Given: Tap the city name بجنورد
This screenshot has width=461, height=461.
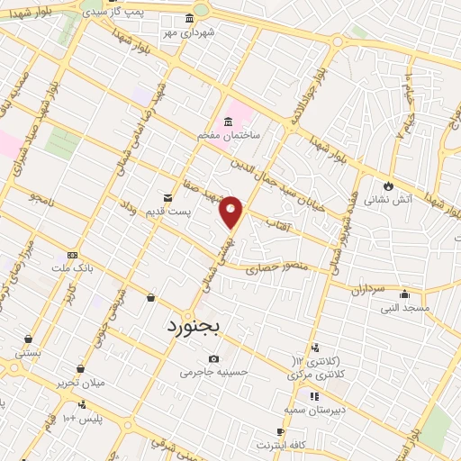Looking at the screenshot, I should [197, 326].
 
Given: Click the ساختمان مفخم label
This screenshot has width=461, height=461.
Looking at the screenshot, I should [229, 134].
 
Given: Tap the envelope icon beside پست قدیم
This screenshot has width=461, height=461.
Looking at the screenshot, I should [167, 197].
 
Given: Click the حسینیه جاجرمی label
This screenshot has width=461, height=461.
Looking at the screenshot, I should [213, 371].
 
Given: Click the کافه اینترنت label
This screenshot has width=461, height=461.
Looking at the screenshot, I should [281, 445].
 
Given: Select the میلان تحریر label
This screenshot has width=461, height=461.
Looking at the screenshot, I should [81, 382].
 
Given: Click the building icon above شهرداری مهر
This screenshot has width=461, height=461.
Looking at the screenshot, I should [188, 19].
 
